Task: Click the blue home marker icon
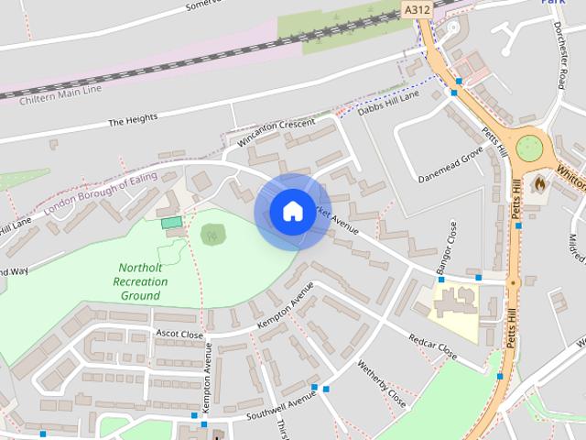(x=292, y=212)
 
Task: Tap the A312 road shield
(x=417, y=9)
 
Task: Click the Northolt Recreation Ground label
(x=140, y=282)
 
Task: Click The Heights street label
(x=133, y=118)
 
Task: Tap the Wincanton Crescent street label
(x=276, y=133)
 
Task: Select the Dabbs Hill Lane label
(x=387, y=100)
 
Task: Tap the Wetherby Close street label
(x=381, y=384)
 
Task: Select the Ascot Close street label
(x=179, y=335)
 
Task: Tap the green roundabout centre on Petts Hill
(x=529, y=148)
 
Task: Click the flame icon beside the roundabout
(x=539, y=183)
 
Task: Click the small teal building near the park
(x=171, y=223)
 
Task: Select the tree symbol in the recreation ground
(x=212, y=236)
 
